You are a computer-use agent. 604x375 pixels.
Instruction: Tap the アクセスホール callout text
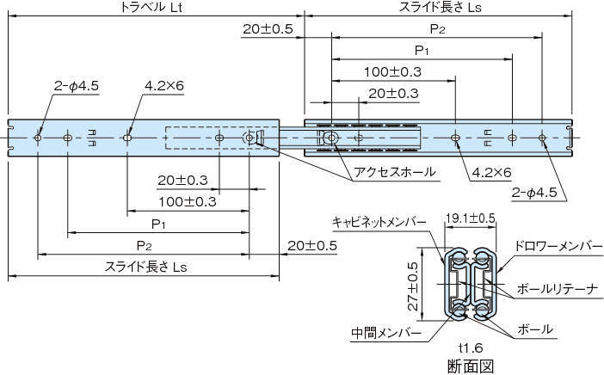click(395, 172)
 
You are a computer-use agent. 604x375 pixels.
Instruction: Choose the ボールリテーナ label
click(557, 288)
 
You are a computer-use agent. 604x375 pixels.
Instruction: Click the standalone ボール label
click(536, 329)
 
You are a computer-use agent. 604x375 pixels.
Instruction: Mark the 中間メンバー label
click(386, 332)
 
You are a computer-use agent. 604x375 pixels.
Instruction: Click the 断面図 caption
click(471, 366)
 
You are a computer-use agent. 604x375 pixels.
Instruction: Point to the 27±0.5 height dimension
click(414, 286)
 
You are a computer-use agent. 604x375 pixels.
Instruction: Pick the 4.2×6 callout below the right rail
click(491, 172)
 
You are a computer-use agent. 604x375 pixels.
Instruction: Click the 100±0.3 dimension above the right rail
click(392, 71)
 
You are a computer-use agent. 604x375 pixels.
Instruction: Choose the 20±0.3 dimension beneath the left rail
click(183, 180)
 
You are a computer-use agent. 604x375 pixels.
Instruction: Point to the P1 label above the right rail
click(422, 50)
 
